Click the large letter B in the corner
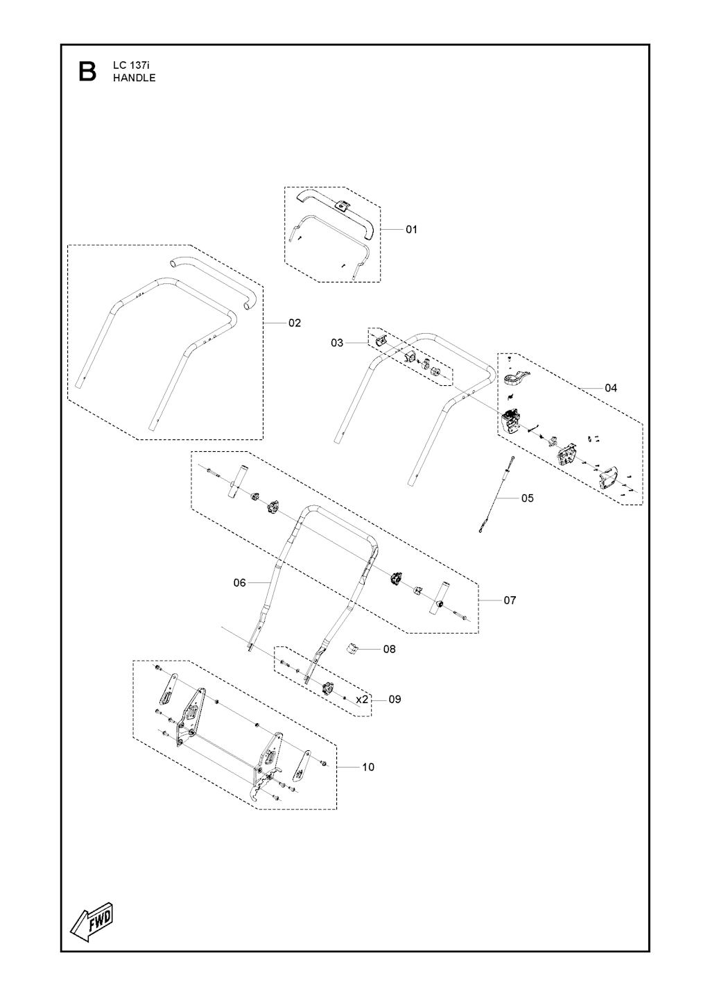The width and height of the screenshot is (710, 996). (x=87, y=71)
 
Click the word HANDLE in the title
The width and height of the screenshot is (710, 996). (x=135, y=78)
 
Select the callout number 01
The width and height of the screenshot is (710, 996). (x=411, y=230)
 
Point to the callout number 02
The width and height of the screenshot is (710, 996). (x=295, y=323)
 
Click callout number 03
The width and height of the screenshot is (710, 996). (x=337, y=343)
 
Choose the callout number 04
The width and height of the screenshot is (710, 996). (x=611, y=388)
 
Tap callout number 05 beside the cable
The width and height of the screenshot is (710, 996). (x=528, y=498)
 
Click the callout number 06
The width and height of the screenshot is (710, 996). (x=239, y=582)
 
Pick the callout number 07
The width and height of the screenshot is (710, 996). (x=510, y=600)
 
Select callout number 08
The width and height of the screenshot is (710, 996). (x=389, y=649)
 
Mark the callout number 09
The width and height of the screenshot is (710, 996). (x=395, y=700)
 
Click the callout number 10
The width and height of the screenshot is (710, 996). (x=368, y=767)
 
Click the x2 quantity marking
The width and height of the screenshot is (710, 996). (x=363, y=700)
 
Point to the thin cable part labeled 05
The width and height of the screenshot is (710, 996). (x=496, y=494)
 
